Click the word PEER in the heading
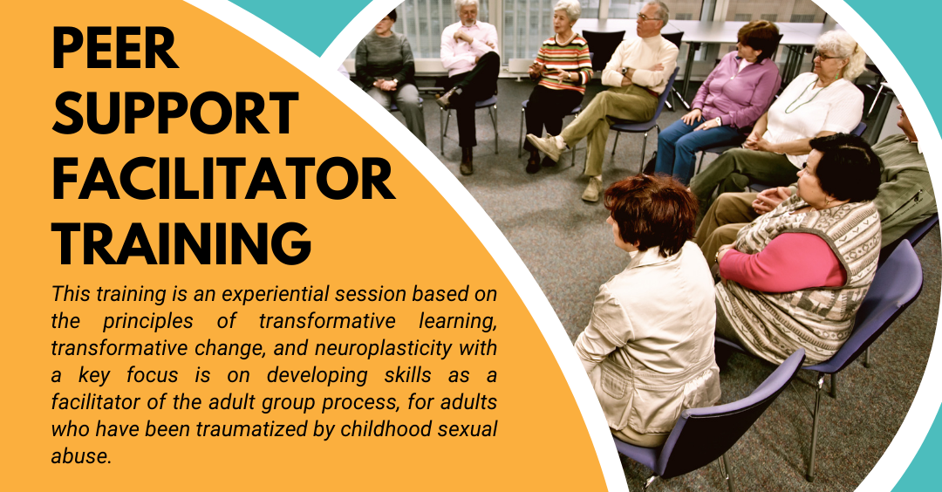(115, 48)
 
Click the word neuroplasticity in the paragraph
(383, 348)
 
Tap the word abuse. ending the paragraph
(82, 456)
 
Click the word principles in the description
(147, 321)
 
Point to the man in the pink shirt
(468, 79)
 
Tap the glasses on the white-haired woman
(827, 57)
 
